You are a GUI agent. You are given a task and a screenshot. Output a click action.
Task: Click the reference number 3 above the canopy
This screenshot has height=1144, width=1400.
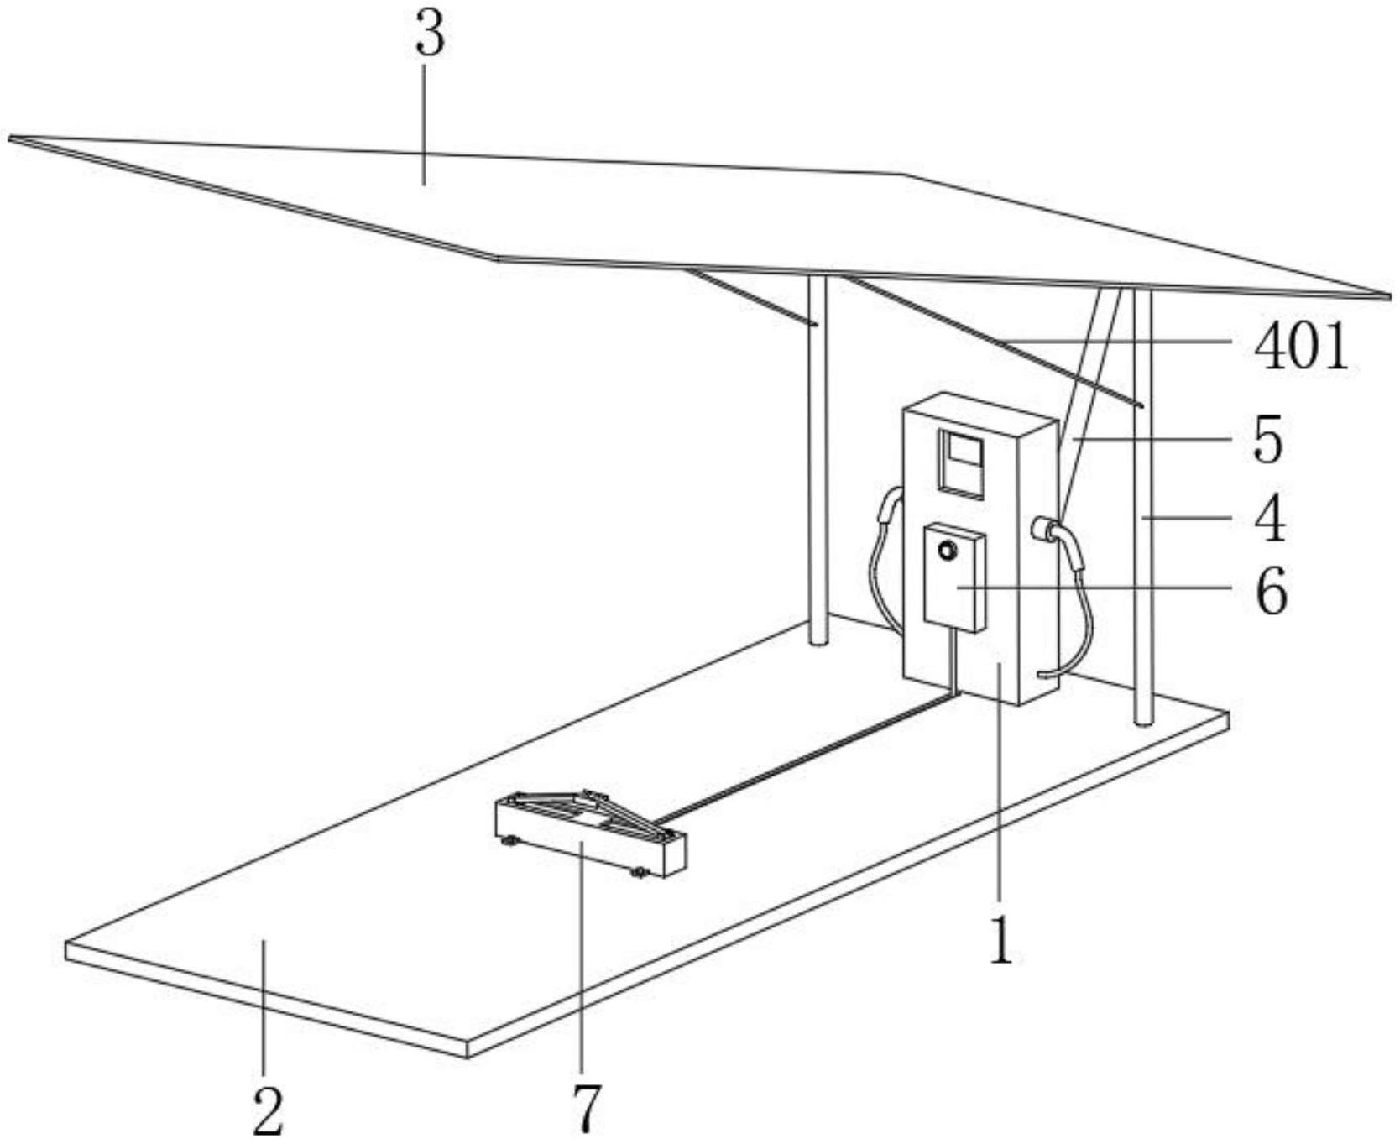[430, 35]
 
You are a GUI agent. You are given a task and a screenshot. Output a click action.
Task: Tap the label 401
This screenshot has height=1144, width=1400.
[1300, 347]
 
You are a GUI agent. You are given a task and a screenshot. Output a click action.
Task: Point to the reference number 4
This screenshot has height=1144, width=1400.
[1270, 519]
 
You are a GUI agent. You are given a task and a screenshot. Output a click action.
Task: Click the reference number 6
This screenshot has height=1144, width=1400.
[1271, 591]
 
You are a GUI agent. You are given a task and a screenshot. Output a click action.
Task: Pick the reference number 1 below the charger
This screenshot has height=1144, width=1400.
[1000, 939]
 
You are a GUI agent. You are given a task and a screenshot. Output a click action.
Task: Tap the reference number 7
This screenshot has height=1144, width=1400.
[587, 1108]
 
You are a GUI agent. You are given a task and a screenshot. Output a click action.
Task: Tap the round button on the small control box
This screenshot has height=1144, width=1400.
[948, 551]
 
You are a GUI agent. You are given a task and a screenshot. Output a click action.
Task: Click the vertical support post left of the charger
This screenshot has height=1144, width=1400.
[818, 462]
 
